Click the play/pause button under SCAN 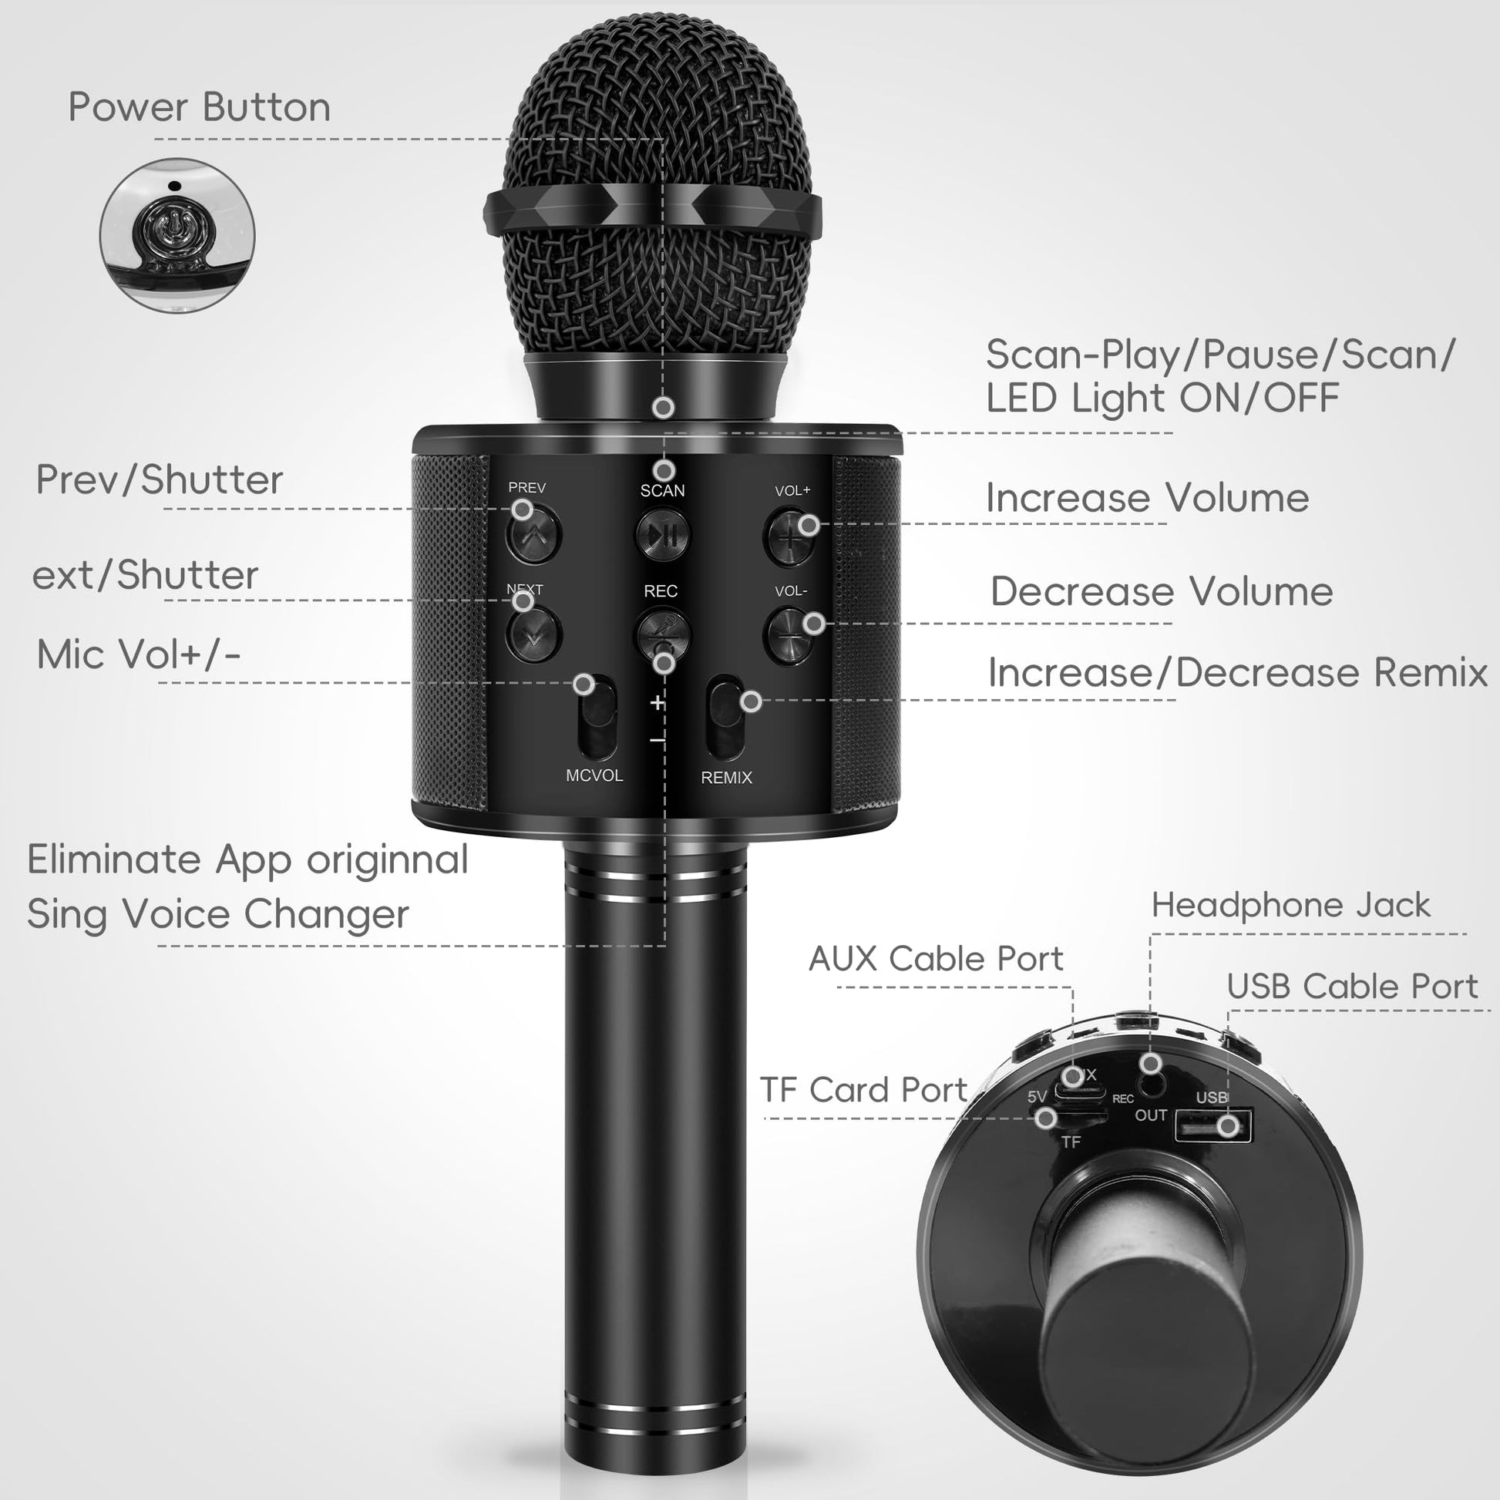[x=662, y=534]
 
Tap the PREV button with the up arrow [x=533, y=533]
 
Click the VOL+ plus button [x=789, y=536]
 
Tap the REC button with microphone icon [x=662, y=634]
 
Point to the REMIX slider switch [x=726, y=718]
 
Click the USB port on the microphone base [x=1212, y=1126]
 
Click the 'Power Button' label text [x=200, y=107]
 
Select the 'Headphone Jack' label [x=1290, y=905]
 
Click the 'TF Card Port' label [x=863, y=1090]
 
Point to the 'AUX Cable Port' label [x=936, y=959]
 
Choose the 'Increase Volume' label [x=1148, y=498]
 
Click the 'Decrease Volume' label [x=1162, y=592]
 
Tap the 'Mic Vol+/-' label [x=138, y=654]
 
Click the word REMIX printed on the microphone [x=726, y=777]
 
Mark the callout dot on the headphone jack [x=1151, y=1063]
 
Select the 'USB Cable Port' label [x=1352, y=987]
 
